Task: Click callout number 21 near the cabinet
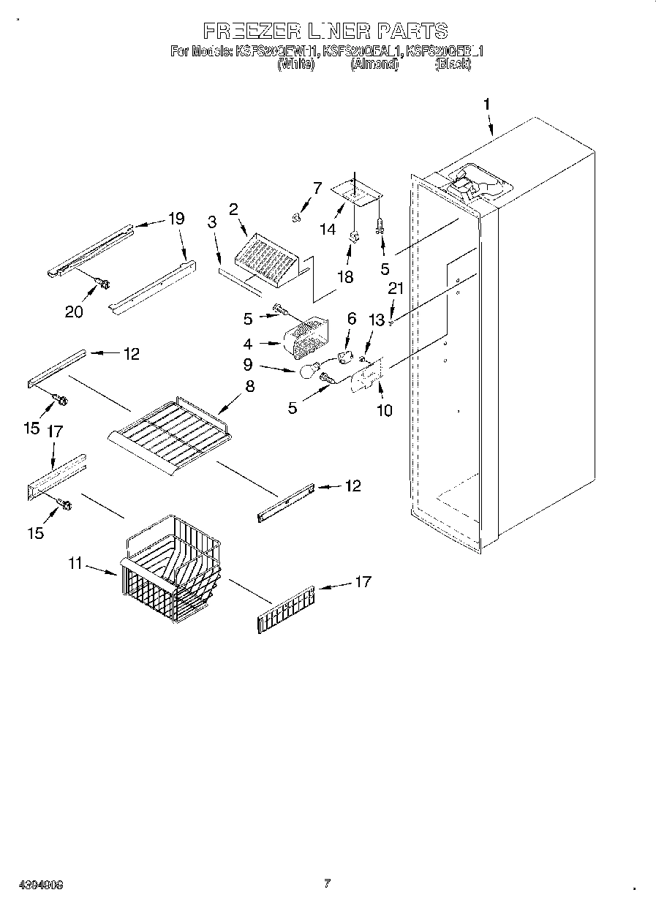pos(395,289)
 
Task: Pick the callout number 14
pos(328,228)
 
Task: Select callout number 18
pos(344,276)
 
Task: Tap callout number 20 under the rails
pos(73,311)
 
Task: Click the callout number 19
pos(176,218)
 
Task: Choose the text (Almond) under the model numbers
pos(374,64)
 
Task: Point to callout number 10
pos(384,409)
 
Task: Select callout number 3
pos(211,223)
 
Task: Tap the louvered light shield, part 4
pos(306,338)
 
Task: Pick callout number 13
pos(376,320)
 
